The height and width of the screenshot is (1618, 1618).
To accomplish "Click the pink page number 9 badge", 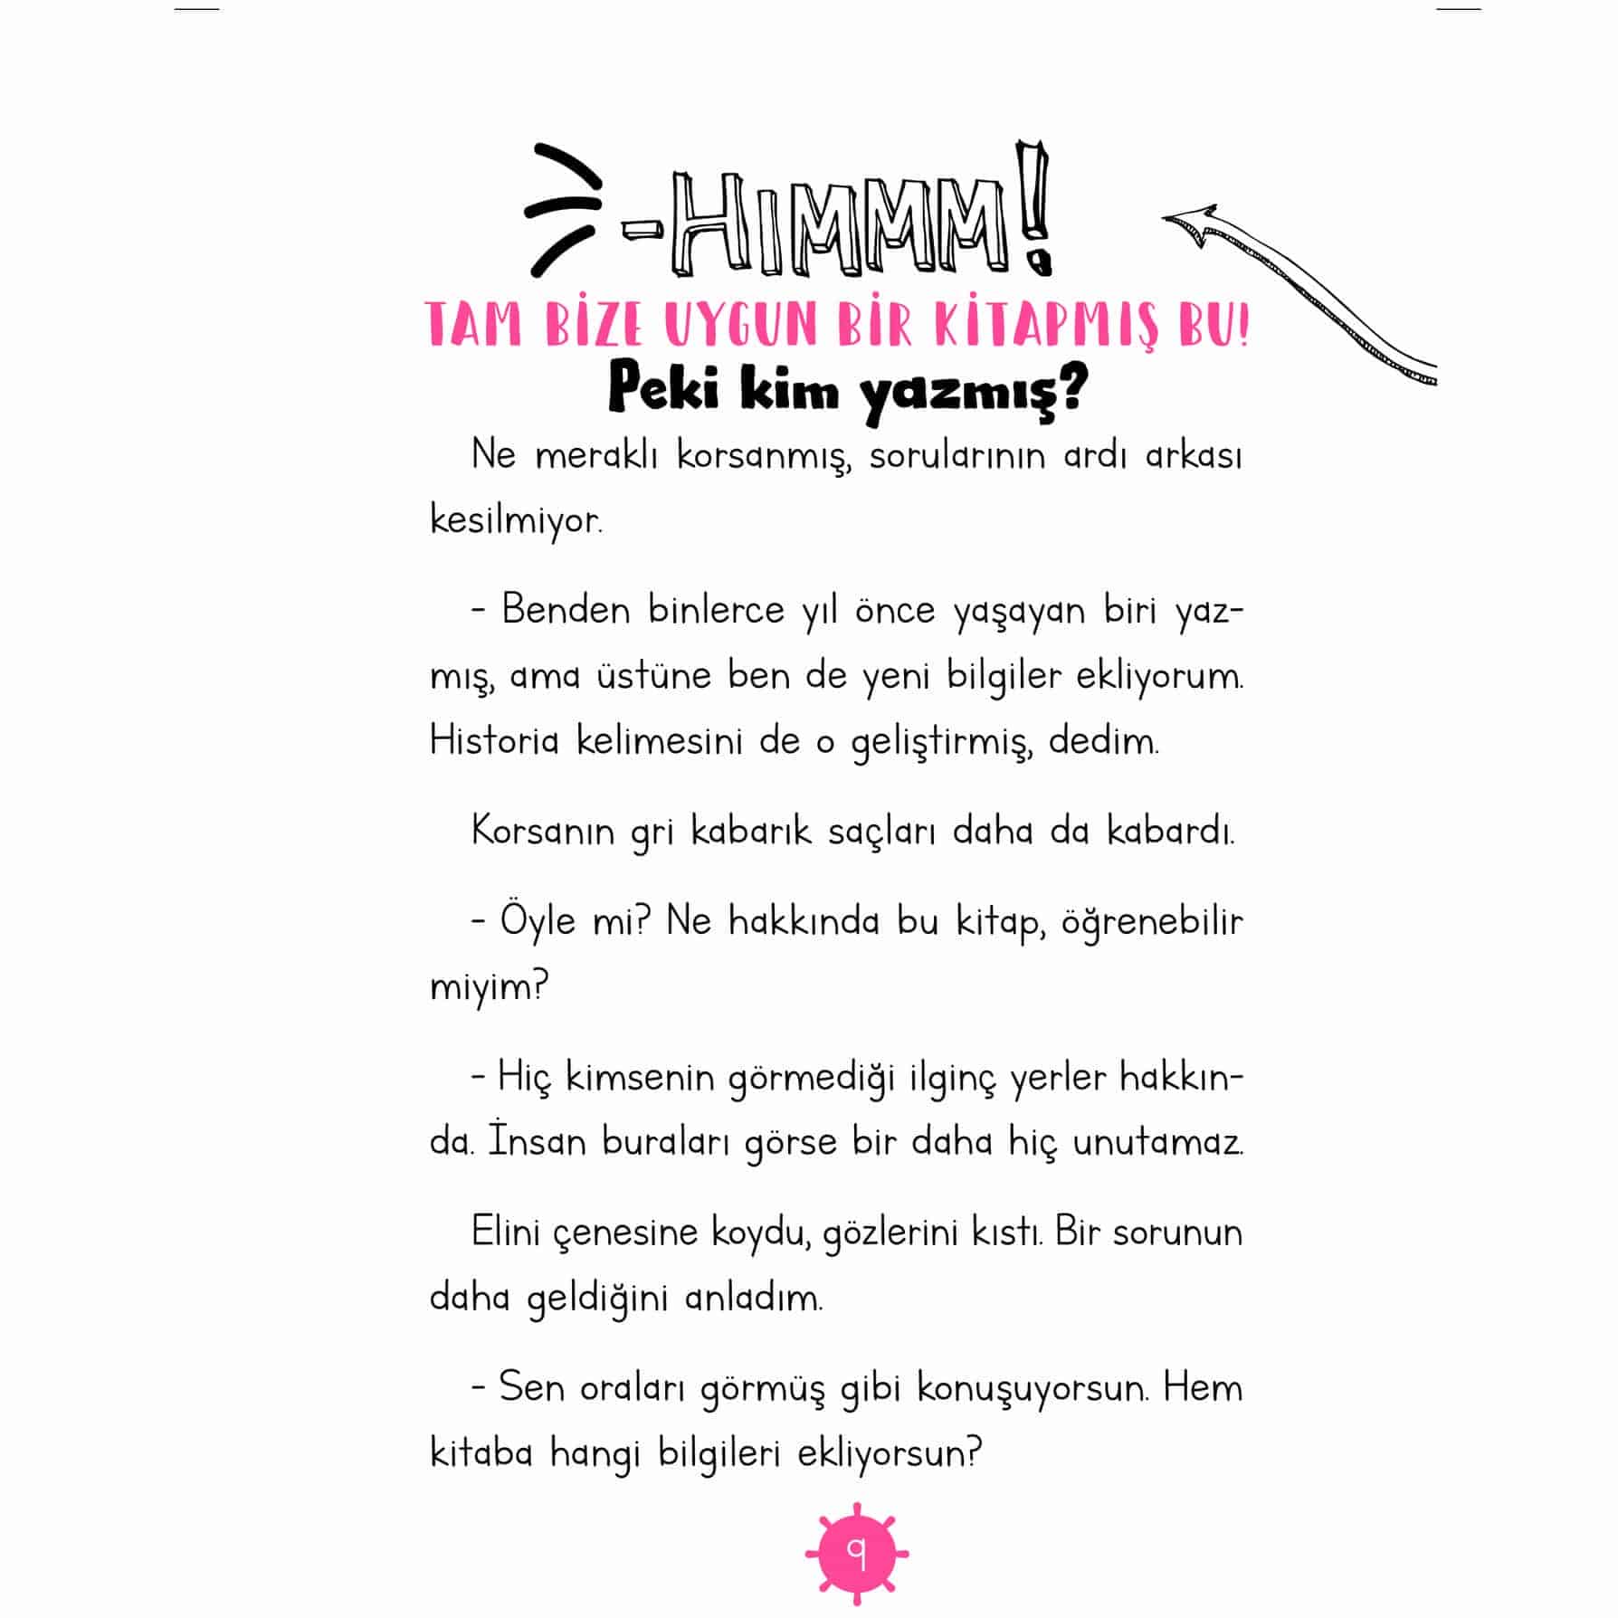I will pos(856,1554).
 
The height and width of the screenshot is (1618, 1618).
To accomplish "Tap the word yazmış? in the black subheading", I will pos(974,393).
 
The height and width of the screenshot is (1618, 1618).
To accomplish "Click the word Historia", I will pos(494,741).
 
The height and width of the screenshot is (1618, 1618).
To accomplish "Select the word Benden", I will pos(566,610).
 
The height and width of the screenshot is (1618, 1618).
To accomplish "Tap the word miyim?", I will pos(489,987).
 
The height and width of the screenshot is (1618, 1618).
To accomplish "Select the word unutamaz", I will pos(1157,1142).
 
